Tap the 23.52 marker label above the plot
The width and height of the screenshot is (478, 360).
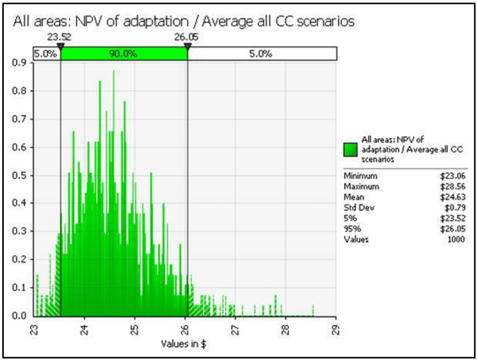pyautogui.click(x=60, y=38)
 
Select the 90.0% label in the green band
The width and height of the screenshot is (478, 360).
pyautogui.click(x=124, y=54)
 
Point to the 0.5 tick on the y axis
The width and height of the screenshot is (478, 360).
pyautogui.click(x=23, y=175)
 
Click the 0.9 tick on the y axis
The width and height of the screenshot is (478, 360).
pyautogui.click(x=23, y=62)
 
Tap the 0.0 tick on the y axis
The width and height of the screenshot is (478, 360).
pyautogui.click(x=23, y=316)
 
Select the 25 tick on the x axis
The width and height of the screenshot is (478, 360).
pyautogui.click(x=135, y=328)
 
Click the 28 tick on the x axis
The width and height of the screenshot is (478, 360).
pyautogui.click(x=285, y=328)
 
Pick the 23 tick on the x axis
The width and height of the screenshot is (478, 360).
pyautogui.click(x=34, y=328)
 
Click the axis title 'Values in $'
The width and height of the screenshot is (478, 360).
pyautogui.click(x=185, y=344)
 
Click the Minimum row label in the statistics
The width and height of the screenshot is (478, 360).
pyautogui.click(x=361, y=176)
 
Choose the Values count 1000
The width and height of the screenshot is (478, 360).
pyautogui.click(x=457, y=240)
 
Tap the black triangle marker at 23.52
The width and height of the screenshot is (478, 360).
pyautogui.click(x=61, y=47)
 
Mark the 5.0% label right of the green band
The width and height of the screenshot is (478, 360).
pyautogui.click(x=262, y=54)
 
